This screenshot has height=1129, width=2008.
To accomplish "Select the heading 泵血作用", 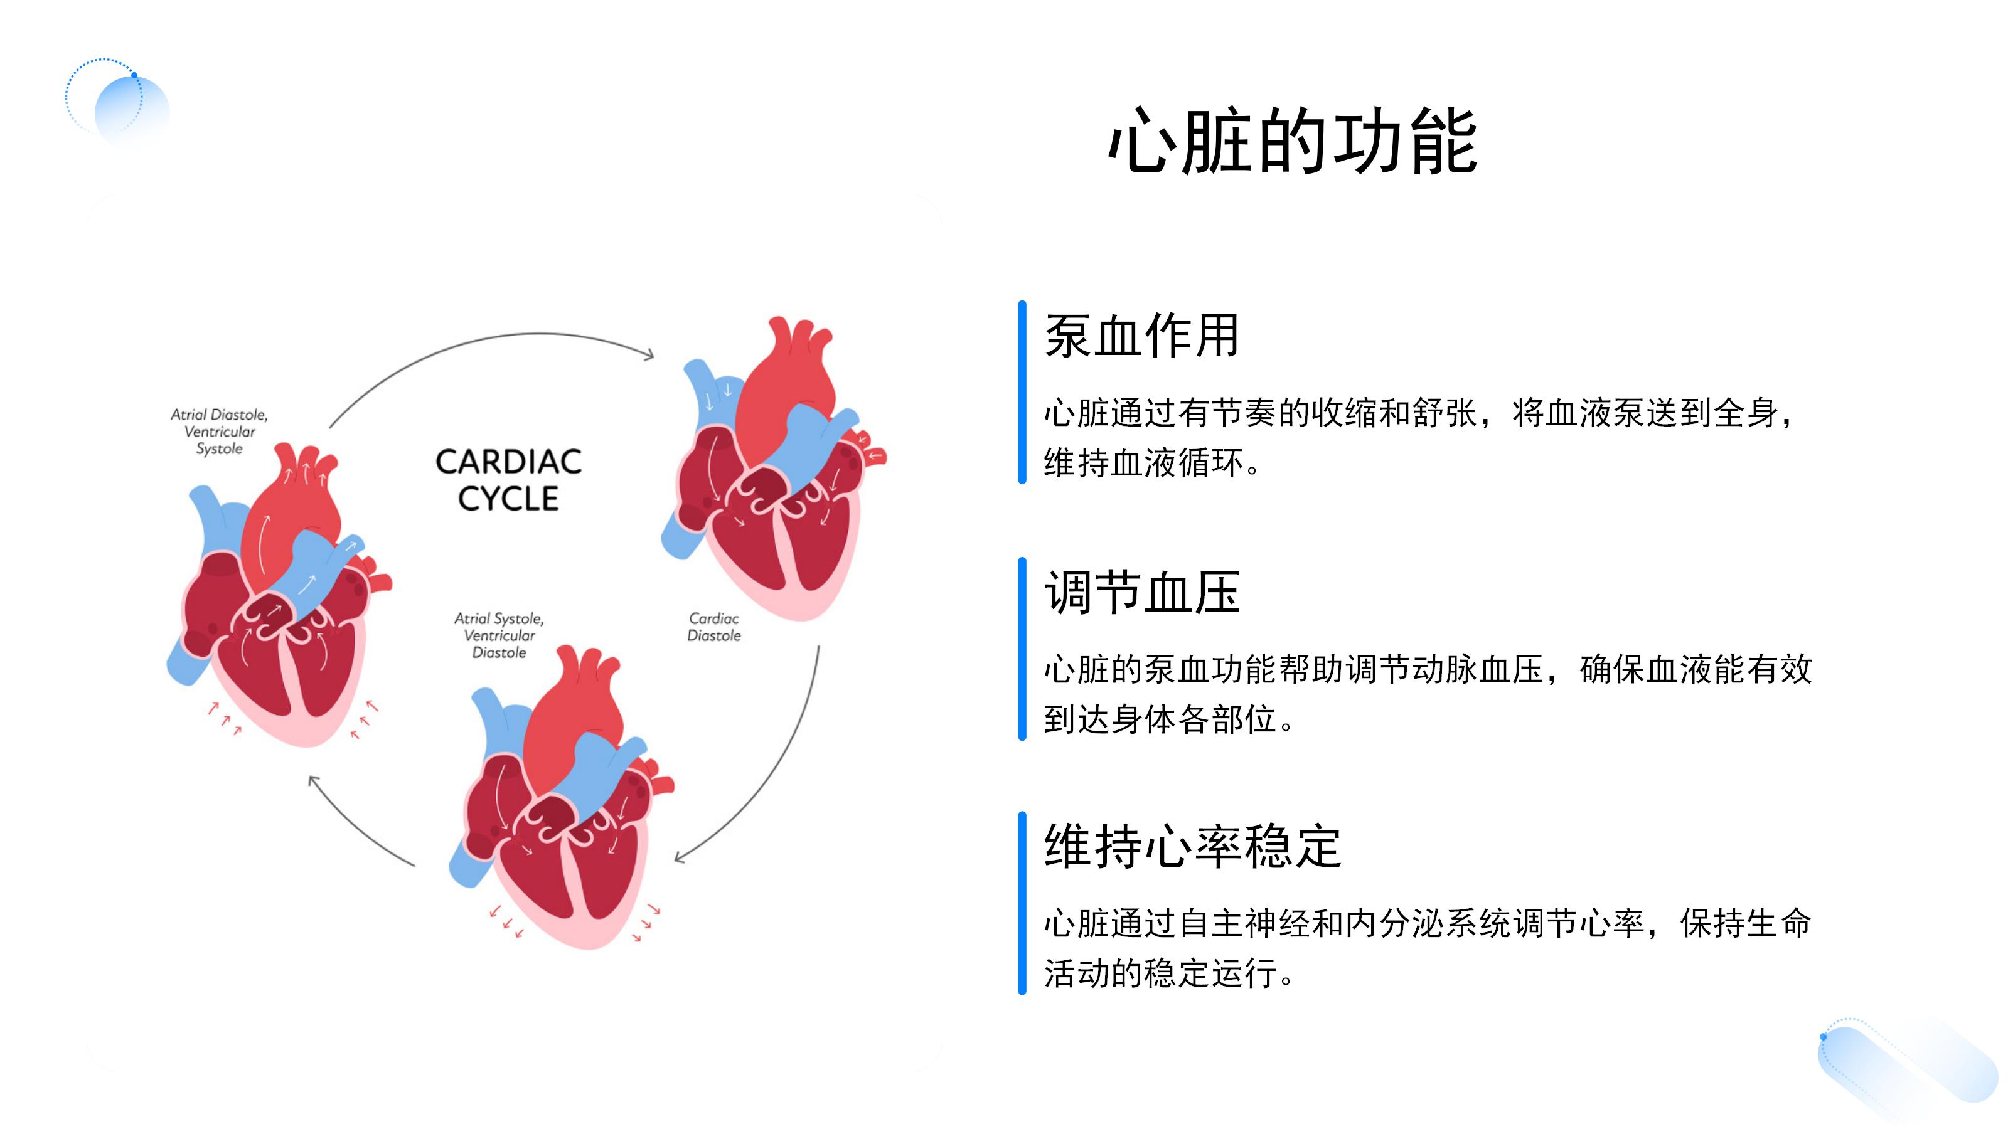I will (x=1141, y=337).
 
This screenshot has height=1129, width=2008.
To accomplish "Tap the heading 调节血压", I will (x=1141, y=593).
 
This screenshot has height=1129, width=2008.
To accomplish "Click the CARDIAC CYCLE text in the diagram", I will (x=508, y=480).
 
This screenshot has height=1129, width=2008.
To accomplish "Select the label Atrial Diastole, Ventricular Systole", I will (x=219, y=432).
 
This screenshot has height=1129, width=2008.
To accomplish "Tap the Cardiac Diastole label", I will (x=713, y=627).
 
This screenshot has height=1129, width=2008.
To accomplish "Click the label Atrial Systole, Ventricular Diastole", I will (x=499, y=635).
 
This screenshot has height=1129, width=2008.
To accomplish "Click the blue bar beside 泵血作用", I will (x=1022, y=392).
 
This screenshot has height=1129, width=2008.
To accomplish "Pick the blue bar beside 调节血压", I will (x=1022, y=649).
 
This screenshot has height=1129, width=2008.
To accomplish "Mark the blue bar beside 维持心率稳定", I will (x=1022, y=903).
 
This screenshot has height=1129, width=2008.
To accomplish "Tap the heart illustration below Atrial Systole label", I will (x=561, y=803).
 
